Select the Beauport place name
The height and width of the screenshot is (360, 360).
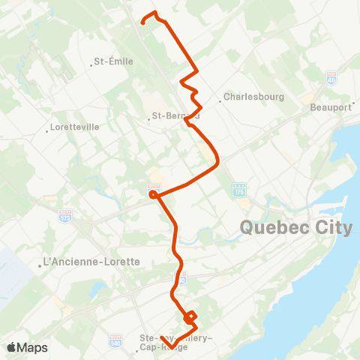pyautogui.click(x=331, y=107)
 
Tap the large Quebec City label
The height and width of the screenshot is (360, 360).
pyautogui.click(x=295, y=228)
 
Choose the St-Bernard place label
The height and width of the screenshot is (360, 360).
pyautogui.click(x=175, y=116)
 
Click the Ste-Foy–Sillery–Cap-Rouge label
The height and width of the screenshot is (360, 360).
pyautogui.click(x=177, y=342)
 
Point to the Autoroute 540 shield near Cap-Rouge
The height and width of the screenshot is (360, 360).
pyautogui.click(x=115, y=340)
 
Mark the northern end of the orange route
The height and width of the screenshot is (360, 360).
pyautogui.click(x=143, y=22)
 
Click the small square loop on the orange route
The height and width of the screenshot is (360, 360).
pyautogui.click(x=190, y=317)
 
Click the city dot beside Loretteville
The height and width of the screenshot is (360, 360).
pyautogui.click(x=47, y=127)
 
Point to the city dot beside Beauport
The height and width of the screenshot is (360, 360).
pyautogui.click(x=353, y=107)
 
